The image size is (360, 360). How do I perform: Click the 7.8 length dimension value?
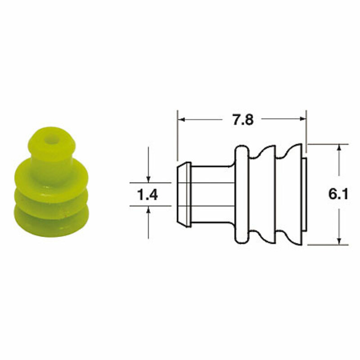[x=242, y=120]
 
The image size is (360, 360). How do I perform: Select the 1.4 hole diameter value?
[x=147, y=195]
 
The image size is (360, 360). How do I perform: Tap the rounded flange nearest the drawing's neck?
[x=242, y=194]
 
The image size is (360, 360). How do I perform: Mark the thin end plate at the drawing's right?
[x=305, y=194]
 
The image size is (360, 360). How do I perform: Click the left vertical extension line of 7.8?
[x=178, y=135]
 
